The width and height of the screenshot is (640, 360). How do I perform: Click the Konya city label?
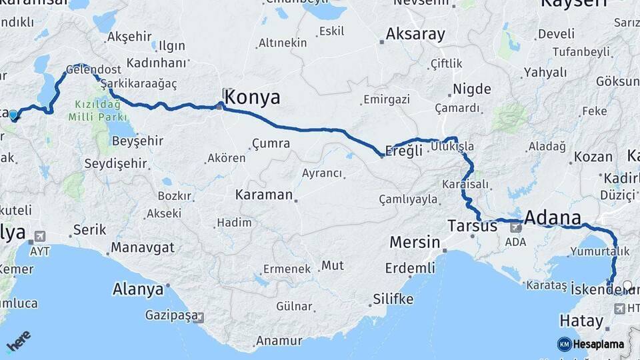(252, 98)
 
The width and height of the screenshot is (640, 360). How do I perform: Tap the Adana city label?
(552, 217)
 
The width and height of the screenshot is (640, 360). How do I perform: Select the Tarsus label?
(473, 226)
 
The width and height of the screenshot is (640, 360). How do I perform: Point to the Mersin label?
(415, 242)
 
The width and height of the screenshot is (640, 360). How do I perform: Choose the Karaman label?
(264, 195)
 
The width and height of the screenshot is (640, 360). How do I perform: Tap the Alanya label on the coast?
(138, 290)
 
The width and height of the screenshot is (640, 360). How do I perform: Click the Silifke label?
(393, 298)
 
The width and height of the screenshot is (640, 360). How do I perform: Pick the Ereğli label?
(405, 150)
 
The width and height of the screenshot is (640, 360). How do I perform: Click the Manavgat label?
(142, 248)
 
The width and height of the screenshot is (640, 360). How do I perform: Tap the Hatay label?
(581, 321)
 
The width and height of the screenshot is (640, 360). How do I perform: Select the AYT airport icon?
(39, 237)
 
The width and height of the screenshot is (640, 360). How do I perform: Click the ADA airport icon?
(515, 227)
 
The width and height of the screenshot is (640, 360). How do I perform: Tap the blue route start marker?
(13, 115)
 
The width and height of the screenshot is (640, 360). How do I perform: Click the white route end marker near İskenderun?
(627, 285)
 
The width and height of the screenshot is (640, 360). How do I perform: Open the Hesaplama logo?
(591, 344)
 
